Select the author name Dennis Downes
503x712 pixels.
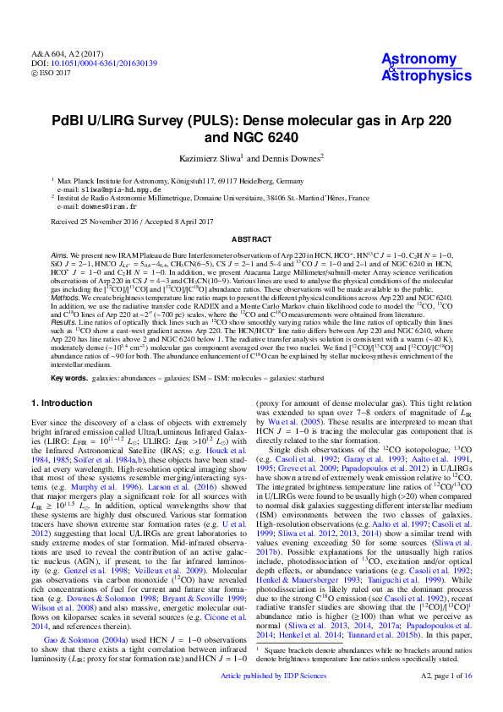point(278,158)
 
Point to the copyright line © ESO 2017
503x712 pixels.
point(52,73)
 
